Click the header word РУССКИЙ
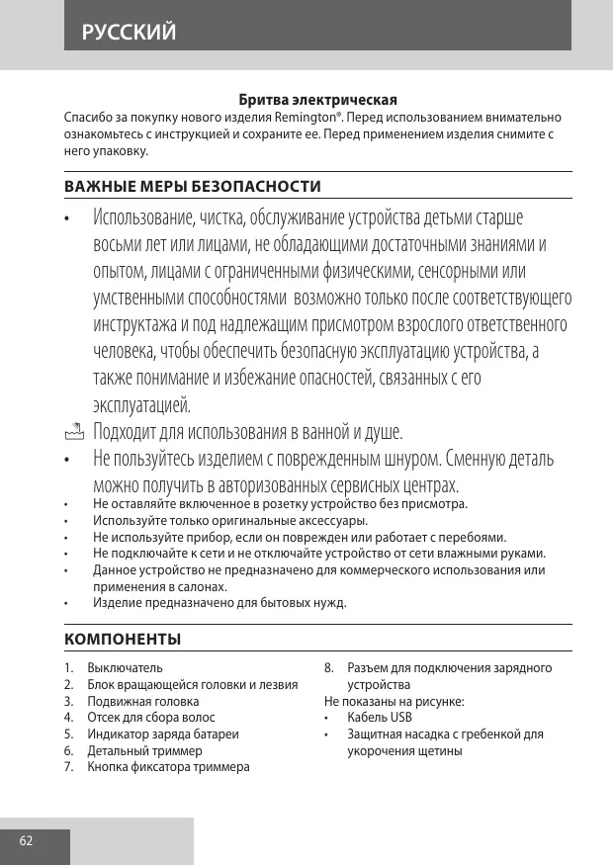point(130,33)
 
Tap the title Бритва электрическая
point(317,100)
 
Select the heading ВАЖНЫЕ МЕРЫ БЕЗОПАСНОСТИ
point(192,186)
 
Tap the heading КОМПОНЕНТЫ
point(122,639)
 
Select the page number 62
point(26,841)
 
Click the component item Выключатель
point(125,668)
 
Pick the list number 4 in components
point(67,717)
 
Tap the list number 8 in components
point(328,668)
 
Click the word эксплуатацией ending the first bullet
point(141,404)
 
